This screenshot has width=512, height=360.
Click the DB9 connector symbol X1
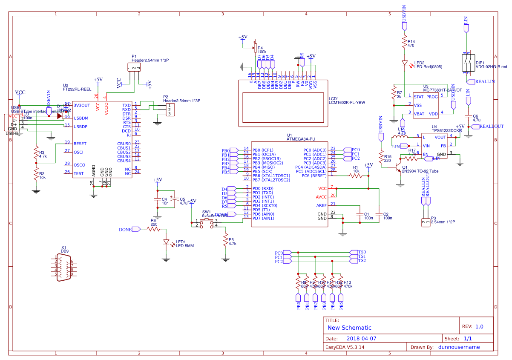click(64, 268)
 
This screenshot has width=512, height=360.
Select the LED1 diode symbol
click(166, 242)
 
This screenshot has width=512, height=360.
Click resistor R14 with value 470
click(405, 43)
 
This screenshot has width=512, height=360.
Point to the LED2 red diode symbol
click(405, 63)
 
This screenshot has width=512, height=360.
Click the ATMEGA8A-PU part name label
click(301, 139)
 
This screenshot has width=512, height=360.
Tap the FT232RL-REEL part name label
click(77, 89)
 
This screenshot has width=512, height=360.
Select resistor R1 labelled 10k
click(355, 176)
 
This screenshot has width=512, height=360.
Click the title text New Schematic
click(349, 328)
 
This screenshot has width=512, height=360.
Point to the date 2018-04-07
click(362, 339)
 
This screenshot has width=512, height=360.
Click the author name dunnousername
click(459, 347)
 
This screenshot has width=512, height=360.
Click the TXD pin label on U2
click(127, 105)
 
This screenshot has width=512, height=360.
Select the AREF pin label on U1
click(322, 205)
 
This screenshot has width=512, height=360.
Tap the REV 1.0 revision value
click(479, 327)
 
